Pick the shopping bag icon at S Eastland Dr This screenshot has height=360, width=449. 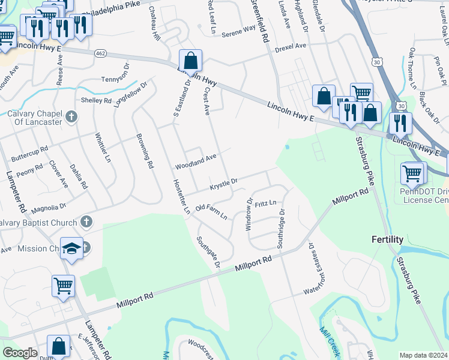190,60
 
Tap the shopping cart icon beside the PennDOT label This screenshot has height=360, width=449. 412,173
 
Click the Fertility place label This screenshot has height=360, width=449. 387,239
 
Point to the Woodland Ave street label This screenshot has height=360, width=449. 195,161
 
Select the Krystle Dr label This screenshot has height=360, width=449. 224,184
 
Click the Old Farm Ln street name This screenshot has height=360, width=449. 212,211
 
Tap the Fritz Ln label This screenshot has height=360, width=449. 265,204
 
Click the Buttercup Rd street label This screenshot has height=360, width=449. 29,154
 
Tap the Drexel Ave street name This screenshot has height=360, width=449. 291,47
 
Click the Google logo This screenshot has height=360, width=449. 20,353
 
